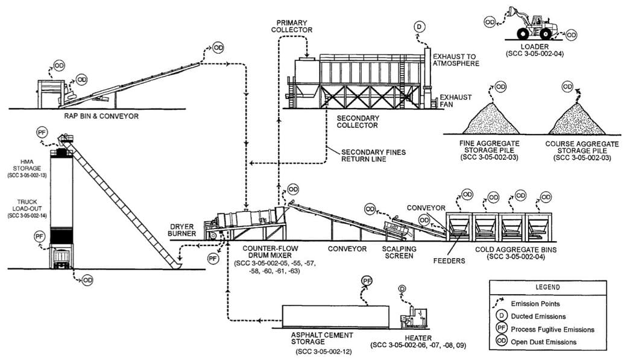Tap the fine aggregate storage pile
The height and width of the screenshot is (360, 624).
click(x=490, y=120)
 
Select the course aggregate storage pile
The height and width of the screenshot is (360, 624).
click(x=576, y=120)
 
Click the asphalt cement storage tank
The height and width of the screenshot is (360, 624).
click(x=335, y=316)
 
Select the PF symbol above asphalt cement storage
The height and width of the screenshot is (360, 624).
click(x=366, y=281)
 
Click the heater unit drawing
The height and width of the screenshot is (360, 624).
click(x=414, y=317)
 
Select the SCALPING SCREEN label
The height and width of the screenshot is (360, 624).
click(x=398, y=251)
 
